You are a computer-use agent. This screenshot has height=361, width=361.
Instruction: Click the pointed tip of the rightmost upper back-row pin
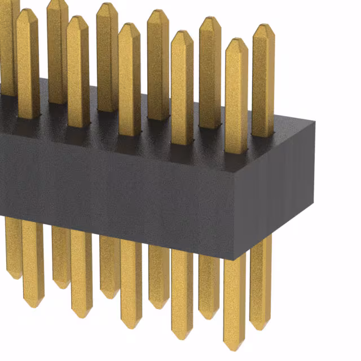pos(263,26)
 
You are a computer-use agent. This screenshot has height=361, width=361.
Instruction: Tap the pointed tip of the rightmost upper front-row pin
pos(236,40)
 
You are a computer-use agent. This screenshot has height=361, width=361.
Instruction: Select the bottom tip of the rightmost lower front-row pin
pos(234,349)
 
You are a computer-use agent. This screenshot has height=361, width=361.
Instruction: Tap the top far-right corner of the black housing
pos(314,121)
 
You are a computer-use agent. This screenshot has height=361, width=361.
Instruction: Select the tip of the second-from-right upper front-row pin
pos(182,33)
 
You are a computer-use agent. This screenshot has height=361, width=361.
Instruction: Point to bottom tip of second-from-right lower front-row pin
pos(182,337)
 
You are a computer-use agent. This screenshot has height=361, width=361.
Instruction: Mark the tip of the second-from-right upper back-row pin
pos(210,19)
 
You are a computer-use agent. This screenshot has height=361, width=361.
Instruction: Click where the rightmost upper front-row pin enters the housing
pos(236,151)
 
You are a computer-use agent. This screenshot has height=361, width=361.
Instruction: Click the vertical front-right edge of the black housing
pos(235,214)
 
